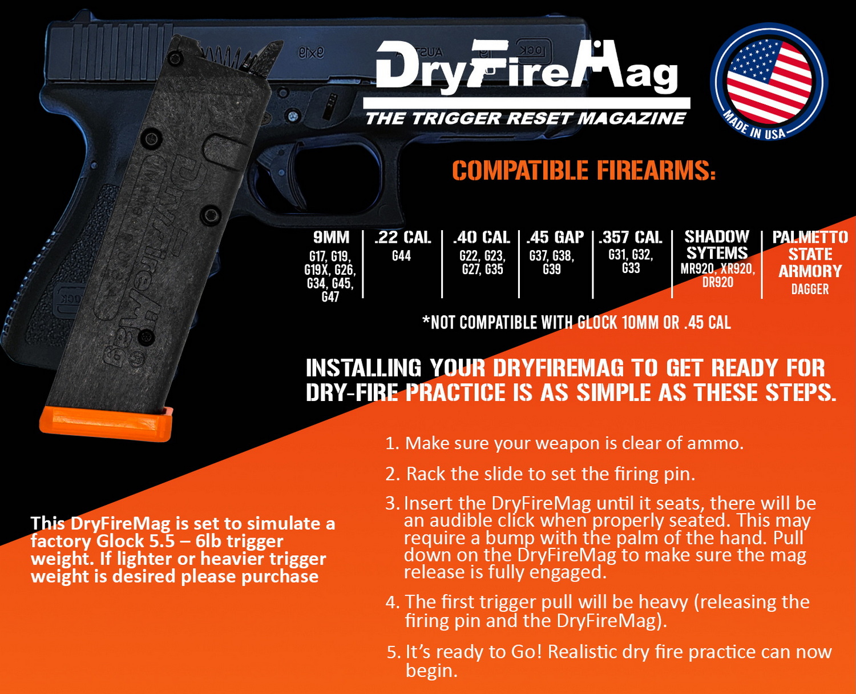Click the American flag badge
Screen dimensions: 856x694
[769, 82]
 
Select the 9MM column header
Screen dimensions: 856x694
[331, 238]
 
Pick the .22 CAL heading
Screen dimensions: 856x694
[403, 238]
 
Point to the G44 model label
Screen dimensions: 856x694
[402, 256]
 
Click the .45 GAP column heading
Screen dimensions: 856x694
[555, 238]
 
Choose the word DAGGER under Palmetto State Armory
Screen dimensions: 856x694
[810, 289]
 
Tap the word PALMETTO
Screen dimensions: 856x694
[810, 238]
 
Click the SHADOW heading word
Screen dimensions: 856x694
[717, 236]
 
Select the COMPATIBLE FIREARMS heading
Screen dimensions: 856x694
[584, 171]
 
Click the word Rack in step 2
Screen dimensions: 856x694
[426, 474]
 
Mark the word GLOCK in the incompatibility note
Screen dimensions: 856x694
[597, 323]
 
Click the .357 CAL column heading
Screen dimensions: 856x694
[630, 238]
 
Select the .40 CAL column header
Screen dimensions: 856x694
[482, 238]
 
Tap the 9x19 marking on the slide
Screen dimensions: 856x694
[311, 53]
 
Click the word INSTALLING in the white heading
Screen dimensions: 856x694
[364, 368]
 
